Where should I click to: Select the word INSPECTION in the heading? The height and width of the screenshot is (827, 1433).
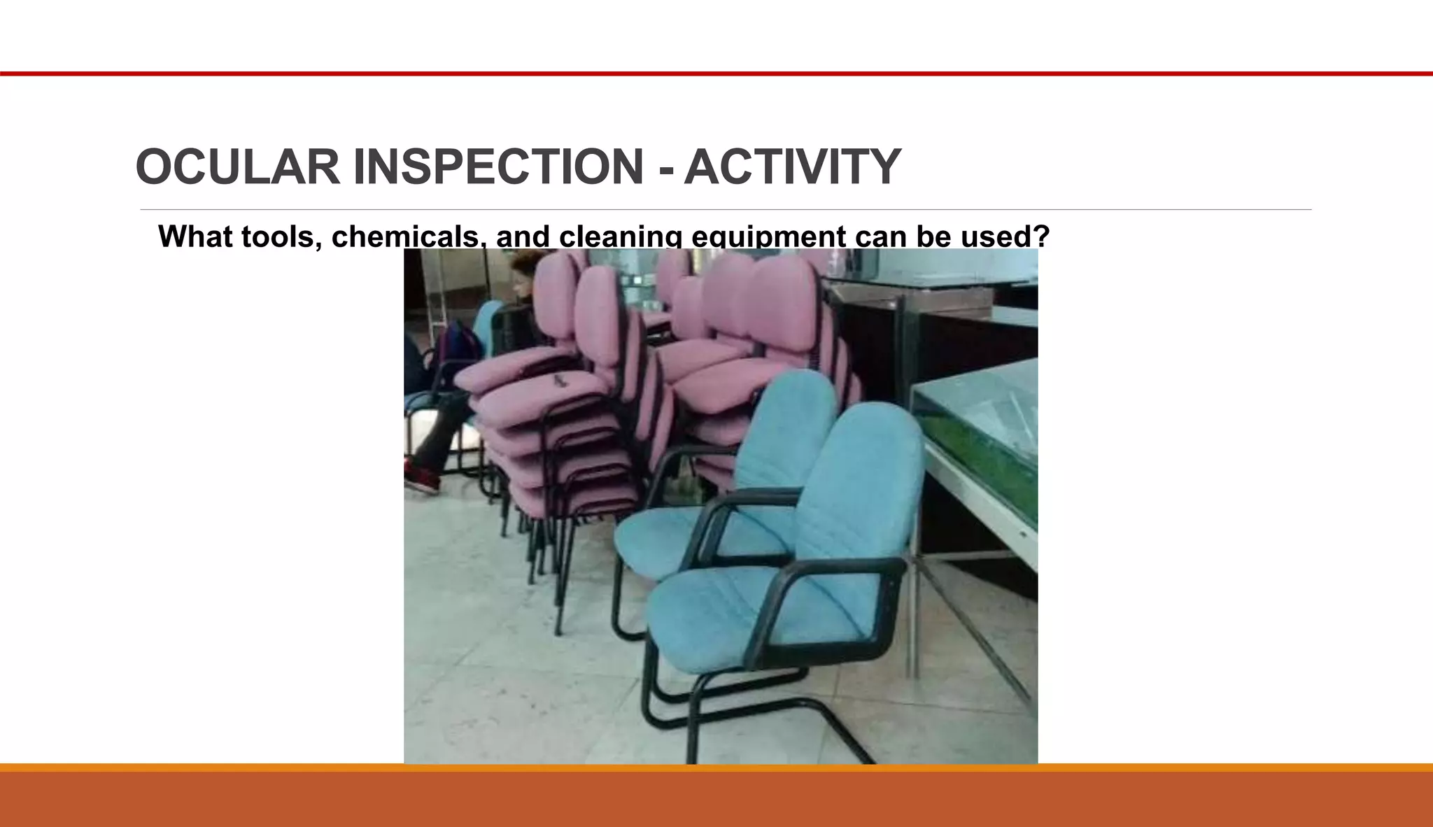pos(498,167)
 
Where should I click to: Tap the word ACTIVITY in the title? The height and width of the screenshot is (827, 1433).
pos(792,167)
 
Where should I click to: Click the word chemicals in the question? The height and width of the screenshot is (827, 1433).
pos(405,236)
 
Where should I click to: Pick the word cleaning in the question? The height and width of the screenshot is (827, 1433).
pos(620,236)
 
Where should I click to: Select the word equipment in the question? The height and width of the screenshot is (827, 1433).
pos(768,236)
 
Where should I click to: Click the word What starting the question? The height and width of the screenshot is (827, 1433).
pos(196,236)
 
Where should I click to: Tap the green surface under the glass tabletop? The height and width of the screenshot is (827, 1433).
pos(994,455)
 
